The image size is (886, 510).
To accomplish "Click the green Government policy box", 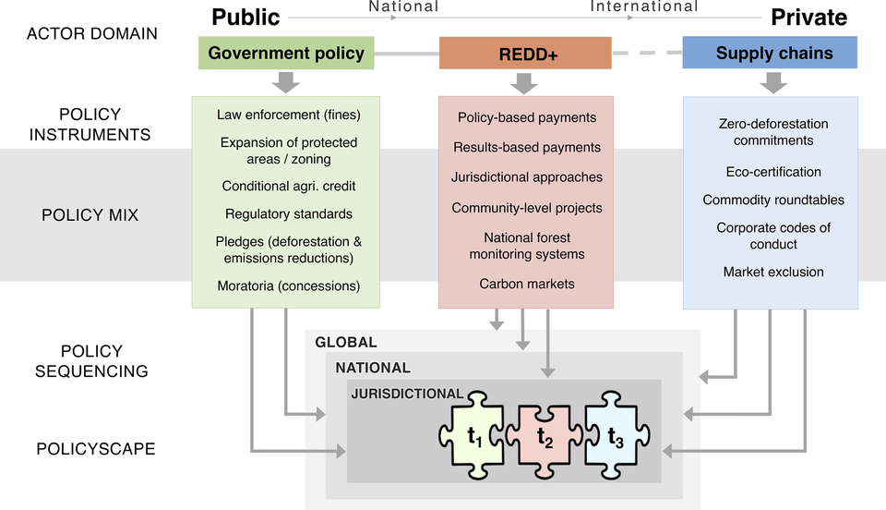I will [286, 53].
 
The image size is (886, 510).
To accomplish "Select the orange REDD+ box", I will [524, 54].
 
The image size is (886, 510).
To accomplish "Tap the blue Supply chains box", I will [769, 53].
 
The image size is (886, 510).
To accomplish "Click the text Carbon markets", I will [526, 284].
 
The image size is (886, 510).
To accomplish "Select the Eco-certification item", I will [772, 172].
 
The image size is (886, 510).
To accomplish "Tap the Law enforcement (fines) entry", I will [288, 115].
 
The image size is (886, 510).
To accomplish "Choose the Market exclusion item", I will [772, 272].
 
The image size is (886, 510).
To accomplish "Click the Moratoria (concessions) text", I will [288, 285].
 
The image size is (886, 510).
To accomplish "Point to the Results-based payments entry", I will [526, 147].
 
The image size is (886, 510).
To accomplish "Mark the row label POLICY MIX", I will [90, 215].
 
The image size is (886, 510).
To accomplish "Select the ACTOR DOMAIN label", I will [91, 33].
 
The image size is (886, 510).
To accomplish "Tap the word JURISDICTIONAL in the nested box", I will [407, 394].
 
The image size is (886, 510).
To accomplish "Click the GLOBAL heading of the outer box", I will [346, 342].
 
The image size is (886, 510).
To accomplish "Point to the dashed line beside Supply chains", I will [646, 53].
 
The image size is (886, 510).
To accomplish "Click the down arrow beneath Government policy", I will [286, 82].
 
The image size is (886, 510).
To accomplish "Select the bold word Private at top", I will [808, 17].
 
